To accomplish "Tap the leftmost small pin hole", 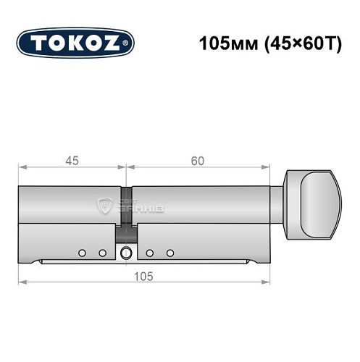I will pyautogui.click(x=82, y=252).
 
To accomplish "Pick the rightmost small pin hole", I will pyautogui.click(x=171, y=252).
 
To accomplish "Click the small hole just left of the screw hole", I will pyautogui.click(x=102, y=252).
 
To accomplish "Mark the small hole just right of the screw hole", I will pyautogui.click(x=150, y=252).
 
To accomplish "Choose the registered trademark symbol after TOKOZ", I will pyautogui.click(x=130, y=43).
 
